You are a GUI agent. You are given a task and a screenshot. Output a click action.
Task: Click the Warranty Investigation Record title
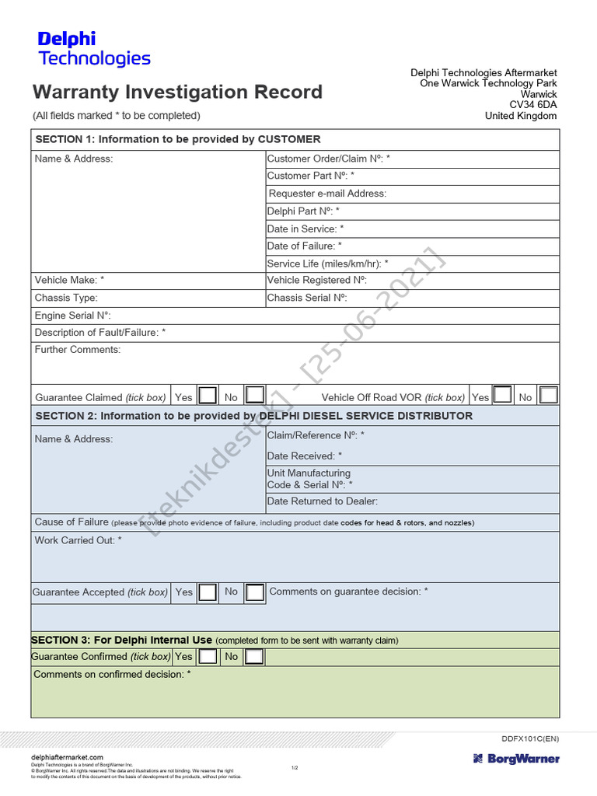point(177,92)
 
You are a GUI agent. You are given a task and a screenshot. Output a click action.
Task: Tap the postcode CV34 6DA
point(533,105)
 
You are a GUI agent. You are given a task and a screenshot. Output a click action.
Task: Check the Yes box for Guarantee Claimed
point(208,395)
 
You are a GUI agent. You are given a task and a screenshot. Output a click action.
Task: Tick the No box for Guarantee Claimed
point(254,395)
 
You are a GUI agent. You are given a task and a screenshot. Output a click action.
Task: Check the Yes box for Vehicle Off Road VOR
point(503,395)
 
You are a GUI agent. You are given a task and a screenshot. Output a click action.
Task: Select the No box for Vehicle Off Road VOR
point(549,395)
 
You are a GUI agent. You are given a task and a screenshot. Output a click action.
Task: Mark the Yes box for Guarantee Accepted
point(208,592)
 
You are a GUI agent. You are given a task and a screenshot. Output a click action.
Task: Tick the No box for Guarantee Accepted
point(254,592)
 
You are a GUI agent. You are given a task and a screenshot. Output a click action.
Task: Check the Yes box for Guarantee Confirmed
point(208,657)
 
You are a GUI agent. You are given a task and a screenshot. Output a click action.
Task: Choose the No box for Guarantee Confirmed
point(254,657)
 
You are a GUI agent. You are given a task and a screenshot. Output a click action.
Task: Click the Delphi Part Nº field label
point(303,211)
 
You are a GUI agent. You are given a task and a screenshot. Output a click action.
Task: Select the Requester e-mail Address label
point(327,194)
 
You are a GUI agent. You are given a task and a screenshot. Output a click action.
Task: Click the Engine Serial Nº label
point(73,316)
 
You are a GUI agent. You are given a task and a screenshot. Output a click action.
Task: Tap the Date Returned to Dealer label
point(323,501)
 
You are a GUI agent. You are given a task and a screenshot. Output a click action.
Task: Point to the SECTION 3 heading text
point(121,640)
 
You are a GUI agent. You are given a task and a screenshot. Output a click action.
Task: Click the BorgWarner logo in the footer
point(515,759)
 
